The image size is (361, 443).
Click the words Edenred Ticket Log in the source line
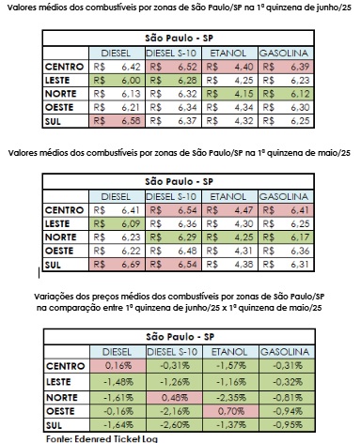[93, 436]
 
